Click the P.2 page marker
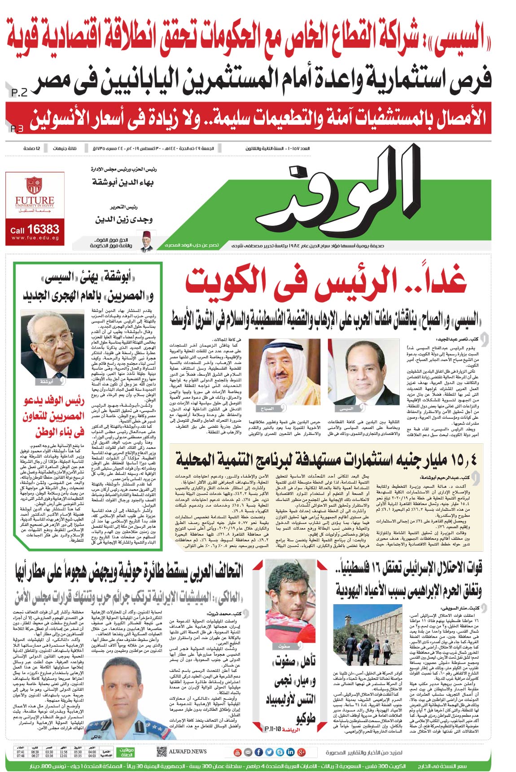[19, 93]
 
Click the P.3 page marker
[17, 129]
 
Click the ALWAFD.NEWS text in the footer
[188, 752]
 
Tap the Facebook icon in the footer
[258, 752]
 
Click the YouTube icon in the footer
[238, 752]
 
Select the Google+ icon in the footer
[301, 752]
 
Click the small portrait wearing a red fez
[147, 241]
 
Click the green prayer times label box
[126, 752]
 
